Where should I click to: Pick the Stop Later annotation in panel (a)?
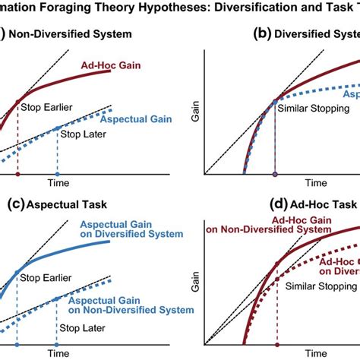tap(82, 134)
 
